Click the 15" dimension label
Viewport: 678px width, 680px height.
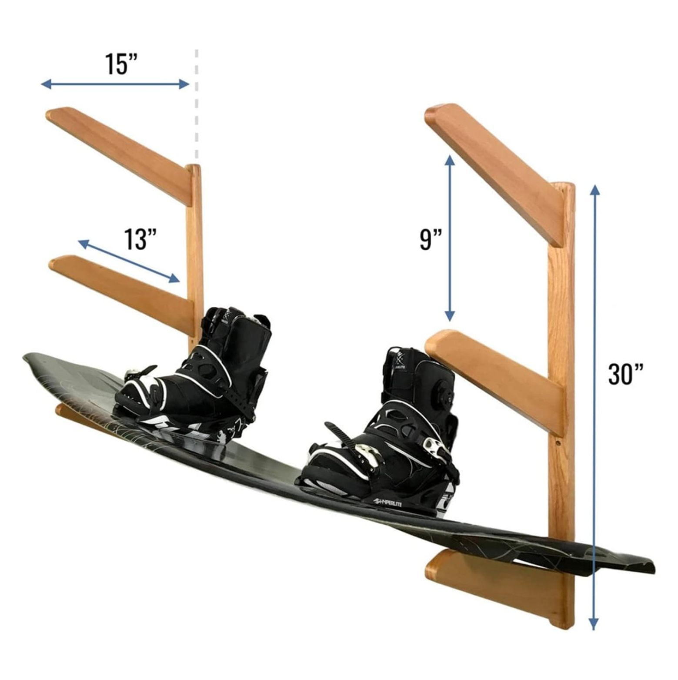[x=121, y=64]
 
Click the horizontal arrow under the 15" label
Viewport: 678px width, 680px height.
[x=115, y=84]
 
